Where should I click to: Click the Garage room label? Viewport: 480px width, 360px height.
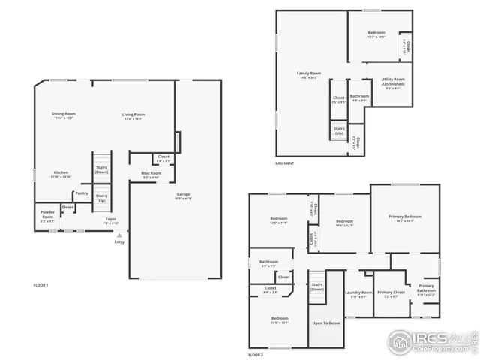184,195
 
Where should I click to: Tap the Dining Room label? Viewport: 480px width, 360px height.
64,114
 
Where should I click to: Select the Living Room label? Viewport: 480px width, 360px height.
133,114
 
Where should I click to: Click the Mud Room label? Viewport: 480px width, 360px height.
151,173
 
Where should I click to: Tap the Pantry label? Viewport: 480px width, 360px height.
81,193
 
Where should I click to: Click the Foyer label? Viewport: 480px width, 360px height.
110,219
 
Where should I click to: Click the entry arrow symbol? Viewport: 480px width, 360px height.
118,235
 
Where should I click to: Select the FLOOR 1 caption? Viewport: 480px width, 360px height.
41,285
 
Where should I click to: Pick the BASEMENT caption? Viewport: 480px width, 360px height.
285,163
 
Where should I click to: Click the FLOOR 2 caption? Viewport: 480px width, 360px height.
256,354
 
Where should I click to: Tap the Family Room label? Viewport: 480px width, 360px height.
309,73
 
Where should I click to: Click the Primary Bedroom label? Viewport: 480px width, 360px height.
404,217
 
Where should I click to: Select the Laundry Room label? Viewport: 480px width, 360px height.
358,292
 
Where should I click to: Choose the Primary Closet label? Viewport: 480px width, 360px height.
391,292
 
